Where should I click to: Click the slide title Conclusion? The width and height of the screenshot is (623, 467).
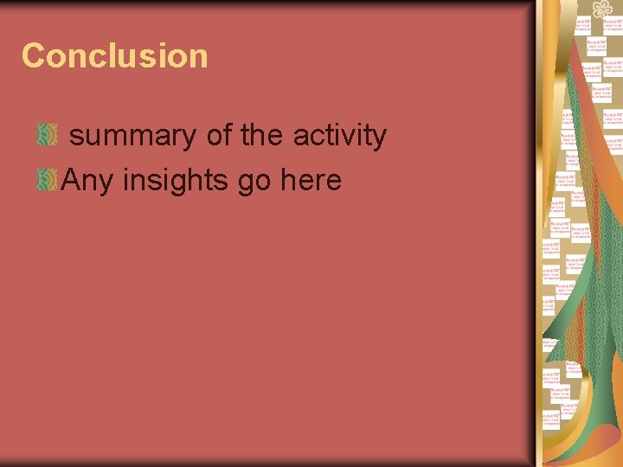(115, 56)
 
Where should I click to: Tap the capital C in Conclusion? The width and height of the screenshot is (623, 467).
(33, 56)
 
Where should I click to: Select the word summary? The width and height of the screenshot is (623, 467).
(132, 137)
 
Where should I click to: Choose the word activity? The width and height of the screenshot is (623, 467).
(339, 137)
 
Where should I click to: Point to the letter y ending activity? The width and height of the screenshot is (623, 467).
(378, 138)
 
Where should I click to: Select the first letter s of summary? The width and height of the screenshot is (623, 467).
(76, 138)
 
